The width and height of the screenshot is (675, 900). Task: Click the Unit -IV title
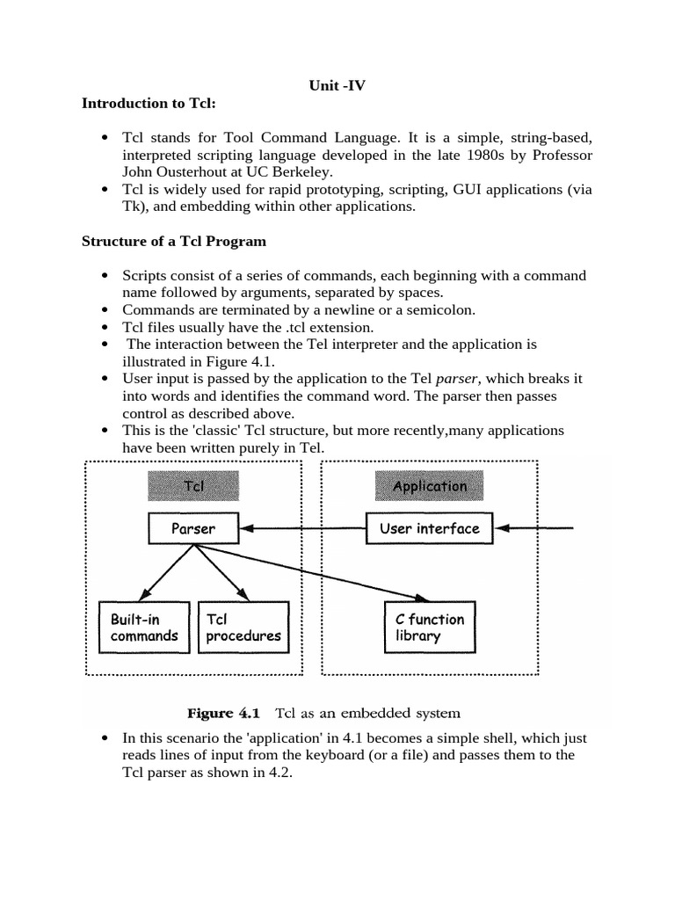(x=337, y=85)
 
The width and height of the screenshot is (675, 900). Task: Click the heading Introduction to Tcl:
(x=149, y=103)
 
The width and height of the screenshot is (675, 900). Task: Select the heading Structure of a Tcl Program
(x=174, y=240)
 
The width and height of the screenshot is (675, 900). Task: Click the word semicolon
(x=443, y=309)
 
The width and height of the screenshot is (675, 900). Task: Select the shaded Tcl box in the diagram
(x=192, y=486)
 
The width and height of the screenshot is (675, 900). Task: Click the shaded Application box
(x=430, y=486)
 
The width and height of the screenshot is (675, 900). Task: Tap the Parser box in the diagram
(x=192, y=529)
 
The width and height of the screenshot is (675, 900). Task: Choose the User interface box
(x=430, y=529)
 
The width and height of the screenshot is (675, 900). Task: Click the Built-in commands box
(x=144, y=628)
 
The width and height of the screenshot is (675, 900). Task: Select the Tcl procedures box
(x=243, y=628)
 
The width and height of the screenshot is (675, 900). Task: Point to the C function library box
(x=430, y=628)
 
